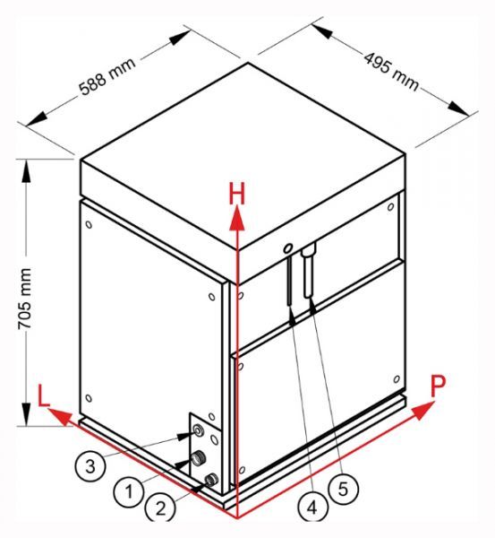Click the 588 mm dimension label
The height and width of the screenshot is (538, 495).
click(x=107, y=76)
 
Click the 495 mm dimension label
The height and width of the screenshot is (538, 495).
click(x=391, y=72)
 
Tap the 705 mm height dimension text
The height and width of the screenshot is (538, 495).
click(x=25, y=299)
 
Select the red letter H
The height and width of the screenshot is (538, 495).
click(x=237, y=194)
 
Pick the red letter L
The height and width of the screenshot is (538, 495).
click(x=43, y=395)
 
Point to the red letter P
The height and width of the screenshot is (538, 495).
click(x=438, y=386)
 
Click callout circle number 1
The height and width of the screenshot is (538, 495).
click(x=129, y=492)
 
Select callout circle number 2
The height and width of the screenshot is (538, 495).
click(x=160, y=508)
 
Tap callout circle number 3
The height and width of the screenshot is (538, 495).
click(x=90, y=466)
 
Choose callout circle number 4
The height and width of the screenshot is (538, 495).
click(x=312, y=508)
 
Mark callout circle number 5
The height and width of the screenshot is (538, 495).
click(x=343, y=490)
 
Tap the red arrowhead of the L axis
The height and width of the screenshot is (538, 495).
click(x=60, y=416)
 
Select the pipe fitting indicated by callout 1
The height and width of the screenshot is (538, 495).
click(x=198, y=458)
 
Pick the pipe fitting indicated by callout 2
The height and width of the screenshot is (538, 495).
click(x=211, y=480)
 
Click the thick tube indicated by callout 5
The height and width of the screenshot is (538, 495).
click(x=308, y=271)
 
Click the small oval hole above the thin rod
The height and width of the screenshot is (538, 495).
click(x=288, y=247)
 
